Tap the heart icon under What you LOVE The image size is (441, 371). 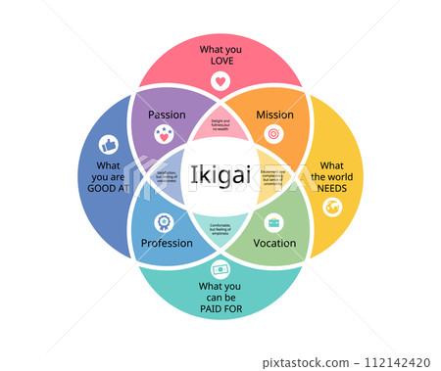220,81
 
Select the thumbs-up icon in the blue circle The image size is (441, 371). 108,145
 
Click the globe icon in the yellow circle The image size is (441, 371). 332,207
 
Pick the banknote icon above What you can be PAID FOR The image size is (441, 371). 220,268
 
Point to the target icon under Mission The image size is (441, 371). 273,134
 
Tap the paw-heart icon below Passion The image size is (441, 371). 166,134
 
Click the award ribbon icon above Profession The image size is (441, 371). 166,222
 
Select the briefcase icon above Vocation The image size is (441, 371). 274,222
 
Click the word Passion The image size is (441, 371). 167,115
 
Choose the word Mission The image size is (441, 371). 274,115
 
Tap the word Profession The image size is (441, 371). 167,243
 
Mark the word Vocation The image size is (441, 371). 274,243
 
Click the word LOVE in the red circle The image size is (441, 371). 220,61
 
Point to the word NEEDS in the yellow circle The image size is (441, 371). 332,189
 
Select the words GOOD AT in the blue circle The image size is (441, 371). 108,190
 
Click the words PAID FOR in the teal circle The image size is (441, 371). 220,310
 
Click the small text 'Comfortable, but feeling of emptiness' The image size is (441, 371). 220,228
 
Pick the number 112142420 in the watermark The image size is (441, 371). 402,361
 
